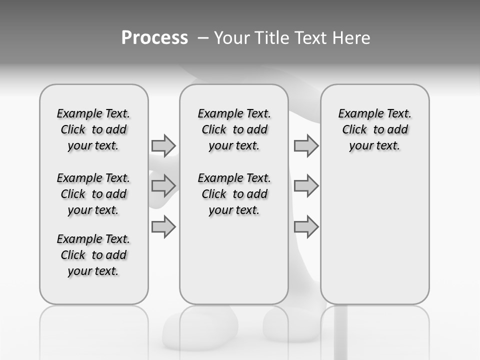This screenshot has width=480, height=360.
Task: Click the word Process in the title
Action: click(154, 38)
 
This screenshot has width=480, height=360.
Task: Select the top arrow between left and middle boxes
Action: click(163, 145)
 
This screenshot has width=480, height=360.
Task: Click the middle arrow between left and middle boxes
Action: click(163, 186)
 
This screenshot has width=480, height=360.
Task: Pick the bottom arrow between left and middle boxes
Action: click(163, 226)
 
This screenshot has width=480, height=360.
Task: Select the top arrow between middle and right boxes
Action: click(306, 145)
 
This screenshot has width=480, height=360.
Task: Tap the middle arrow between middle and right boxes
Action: click(306, 186)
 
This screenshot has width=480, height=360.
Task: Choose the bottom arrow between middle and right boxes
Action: click(306, 226)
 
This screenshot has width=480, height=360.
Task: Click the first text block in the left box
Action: click(93, 129)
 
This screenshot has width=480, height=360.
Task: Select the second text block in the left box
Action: click(93, 194)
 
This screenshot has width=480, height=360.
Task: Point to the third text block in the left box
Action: click(93, 255)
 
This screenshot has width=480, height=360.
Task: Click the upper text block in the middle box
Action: click(234, 129)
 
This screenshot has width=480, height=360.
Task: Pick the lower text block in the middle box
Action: click(234, 194)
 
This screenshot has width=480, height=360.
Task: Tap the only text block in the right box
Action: click(375, 129)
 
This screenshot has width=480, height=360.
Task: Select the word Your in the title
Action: click(231, 38)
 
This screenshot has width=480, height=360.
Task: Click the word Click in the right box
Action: click(354, 130)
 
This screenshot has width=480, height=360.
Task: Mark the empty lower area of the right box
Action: click(375, 235)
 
